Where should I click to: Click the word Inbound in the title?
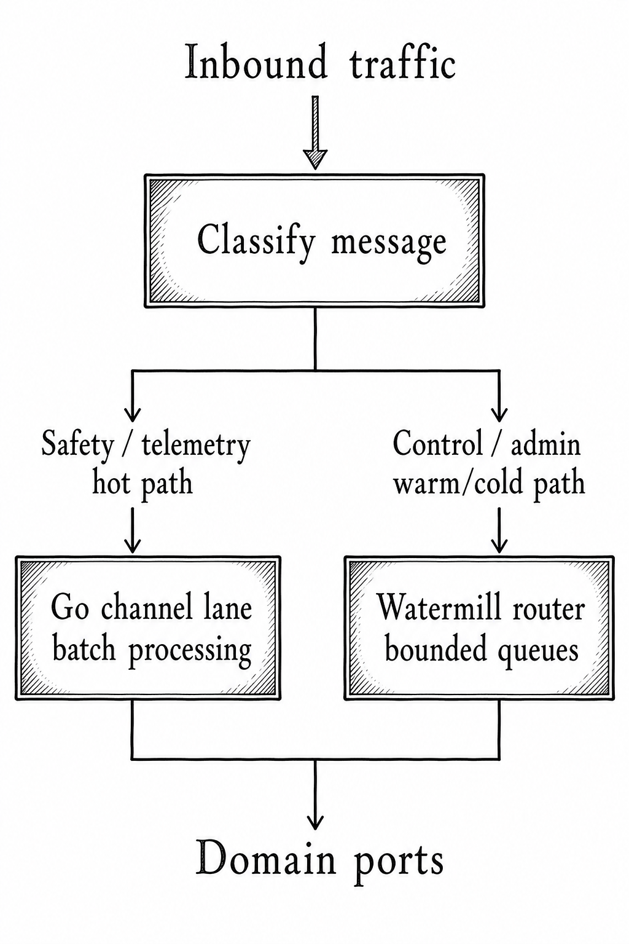[256, 63]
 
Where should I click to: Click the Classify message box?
[314, 240]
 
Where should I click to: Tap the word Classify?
[256, 242]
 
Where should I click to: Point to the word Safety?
[77, 445]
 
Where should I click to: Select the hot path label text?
[143, 483]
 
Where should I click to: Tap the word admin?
[545, 444]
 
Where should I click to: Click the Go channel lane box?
[148, 628]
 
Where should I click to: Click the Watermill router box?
[479, 628]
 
